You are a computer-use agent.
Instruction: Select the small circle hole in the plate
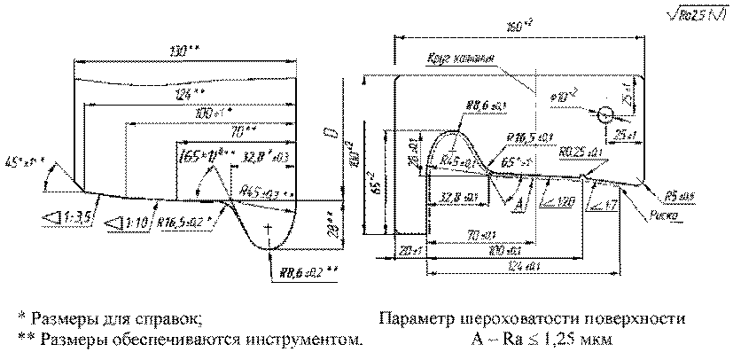pyautogui.click(x=605, y=114)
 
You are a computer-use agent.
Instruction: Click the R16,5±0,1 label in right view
pyautogui.click(x=530, y=137)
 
